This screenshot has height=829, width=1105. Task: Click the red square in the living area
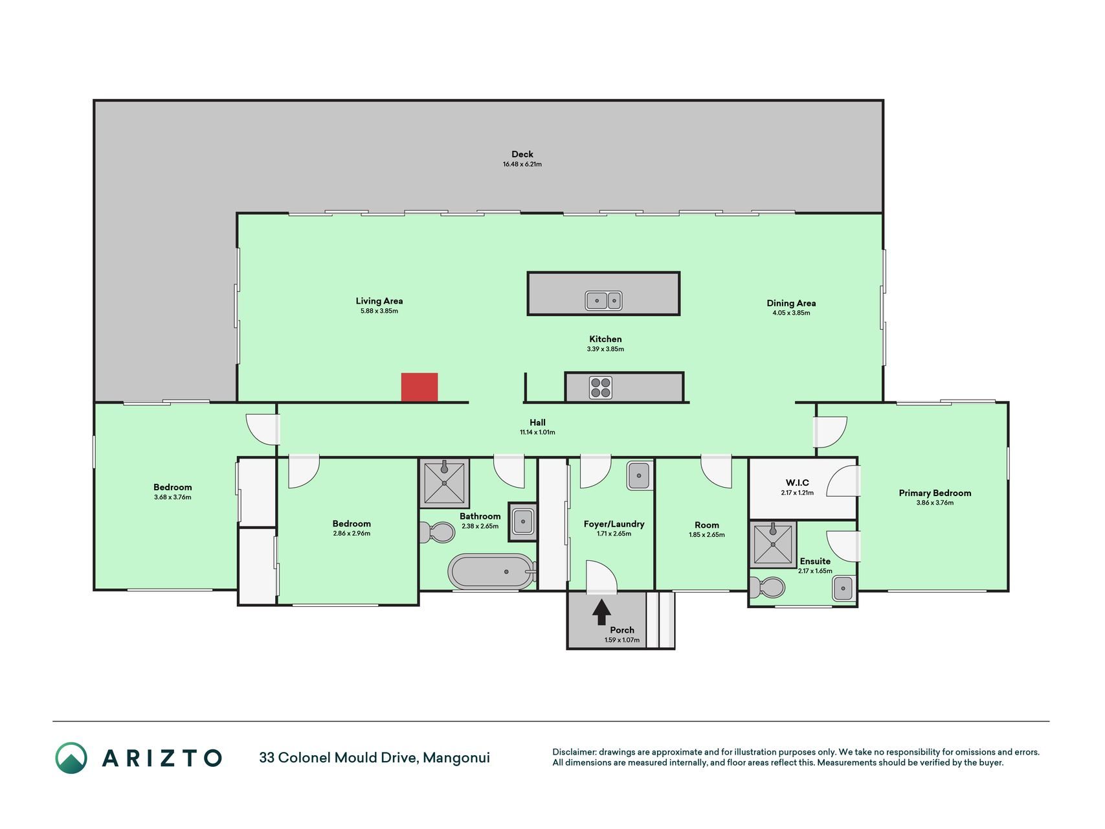point(419,387)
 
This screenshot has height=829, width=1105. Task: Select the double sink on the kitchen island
point(604,301)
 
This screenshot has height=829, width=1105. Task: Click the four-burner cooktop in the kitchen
point(601,387)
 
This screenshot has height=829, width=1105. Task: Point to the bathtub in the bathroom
point(492,571)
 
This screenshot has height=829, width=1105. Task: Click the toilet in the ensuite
point(767,587)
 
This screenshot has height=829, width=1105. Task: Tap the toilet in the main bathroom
point(437,533)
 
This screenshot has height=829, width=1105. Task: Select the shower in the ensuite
point(773,545)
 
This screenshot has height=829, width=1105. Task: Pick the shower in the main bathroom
point(444,483)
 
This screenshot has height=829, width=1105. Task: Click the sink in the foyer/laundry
point(640,476)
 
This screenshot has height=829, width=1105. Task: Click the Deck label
point(522,154)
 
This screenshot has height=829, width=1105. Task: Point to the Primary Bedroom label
point(935,493)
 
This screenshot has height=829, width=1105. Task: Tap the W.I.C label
point(797,483)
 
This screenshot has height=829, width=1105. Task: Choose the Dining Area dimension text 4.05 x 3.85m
point(791,313)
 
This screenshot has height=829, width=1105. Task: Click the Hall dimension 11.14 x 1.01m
point(537,432)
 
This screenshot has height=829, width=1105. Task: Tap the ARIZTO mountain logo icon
point(71,758)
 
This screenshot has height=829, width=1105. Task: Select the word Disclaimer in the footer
point(573,752)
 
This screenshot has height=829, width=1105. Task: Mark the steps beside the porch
point(661,620)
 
